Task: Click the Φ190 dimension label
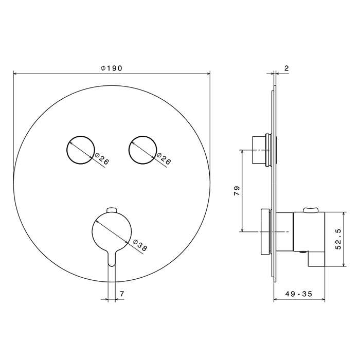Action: (x=112, y=68)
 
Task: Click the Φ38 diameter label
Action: (x=140, y=245)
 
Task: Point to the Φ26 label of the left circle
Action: (x=101, y=158)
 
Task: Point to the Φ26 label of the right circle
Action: (x=164, y=158)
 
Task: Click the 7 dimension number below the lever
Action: (x=122, y=294)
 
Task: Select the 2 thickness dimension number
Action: (x=286, y=68)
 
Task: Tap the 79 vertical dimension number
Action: (x=237, y=191)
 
